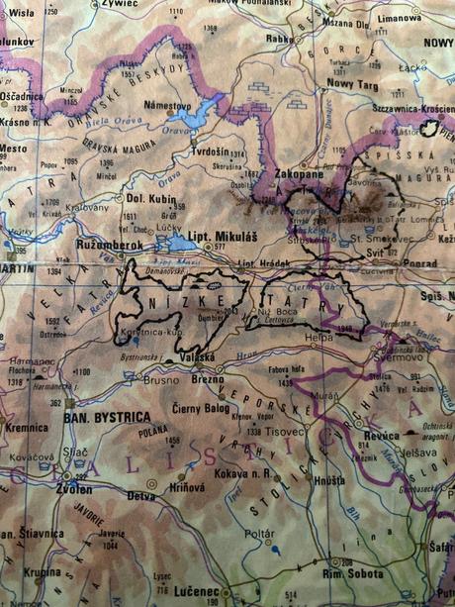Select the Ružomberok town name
(112, 242)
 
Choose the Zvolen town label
(74, 489)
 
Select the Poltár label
(260, 533)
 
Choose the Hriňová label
(190, 486)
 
